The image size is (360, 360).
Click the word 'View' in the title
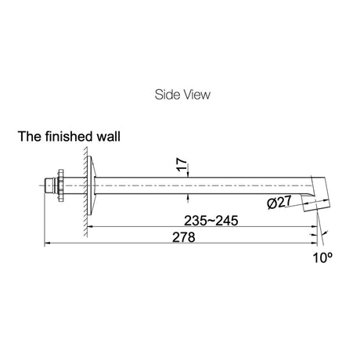point(196,95)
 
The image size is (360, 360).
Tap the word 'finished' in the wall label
point(69,136)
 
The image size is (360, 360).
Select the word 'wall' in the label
point(109,136)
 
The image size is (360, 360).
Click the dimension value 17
point(182,164)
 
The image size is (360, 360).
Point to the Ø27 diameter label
point(279,203)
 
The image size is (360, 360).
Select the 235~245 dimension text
point(211,221)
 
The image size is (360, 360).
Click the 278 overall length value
point(184,237)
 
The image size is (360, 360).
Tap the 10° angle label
point(322,257)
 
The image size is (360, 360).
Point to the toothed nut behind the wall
point(60,185)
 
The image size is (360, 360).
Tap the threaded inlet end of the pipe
point(49,185)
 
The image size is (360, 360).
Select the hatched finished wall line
point(85,192)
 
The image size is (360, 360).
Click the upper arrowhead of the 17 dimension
point(188,175)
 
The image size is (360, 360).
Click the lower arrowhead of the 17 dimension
point(188,197)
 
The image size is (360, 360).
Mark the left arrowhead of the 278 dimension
point(47,243)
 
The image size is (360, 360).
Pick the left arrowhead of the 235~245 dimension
point(90,227)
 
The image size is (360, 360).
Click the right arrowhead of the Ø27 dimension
point(326,200)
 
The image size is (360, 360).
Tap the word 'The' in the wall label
point(29,136)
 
